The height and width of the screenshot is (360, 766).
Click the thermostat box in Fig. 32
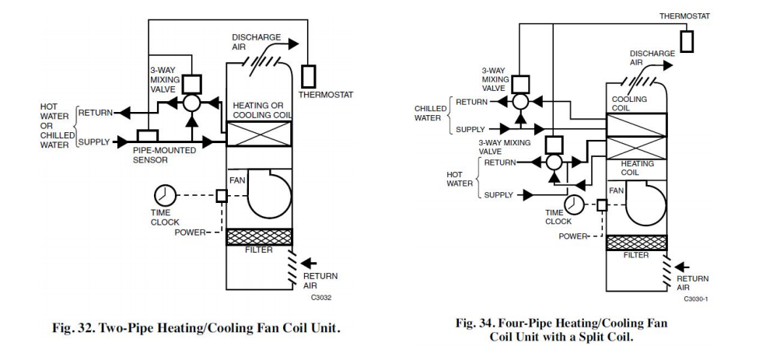pyautogui.click(x=309, y=76)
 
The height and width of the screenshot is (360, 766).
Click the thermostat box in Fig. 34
pyautogui.click(x=686, y=41)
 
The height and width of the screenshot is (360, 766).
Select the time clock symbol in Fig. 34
pyautogui.click(x=574, y=204)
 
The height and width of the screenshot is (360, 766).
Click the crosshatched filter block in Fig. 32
pyautogui.click(x=259, y=236)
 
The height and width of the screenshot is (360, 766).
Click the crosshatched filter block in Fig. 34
pyautogui.click(x=636, y=242)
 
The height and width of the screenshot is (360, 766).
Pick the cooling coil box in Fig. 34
pyautogui.click(x=636, y=124)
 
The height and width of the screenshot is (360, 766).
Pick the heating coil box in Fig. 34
pyautogui.click(x=636, y=148)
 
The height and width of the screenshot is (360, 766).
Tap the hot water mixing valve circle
pyautogui.click(x=553, y=163)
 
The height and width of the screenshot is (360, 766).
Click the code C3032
pyautogui.click(x=322, y=296)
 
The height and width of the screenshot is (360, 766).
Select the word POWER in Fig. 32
pyautogui.click(x=190, y=232)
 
